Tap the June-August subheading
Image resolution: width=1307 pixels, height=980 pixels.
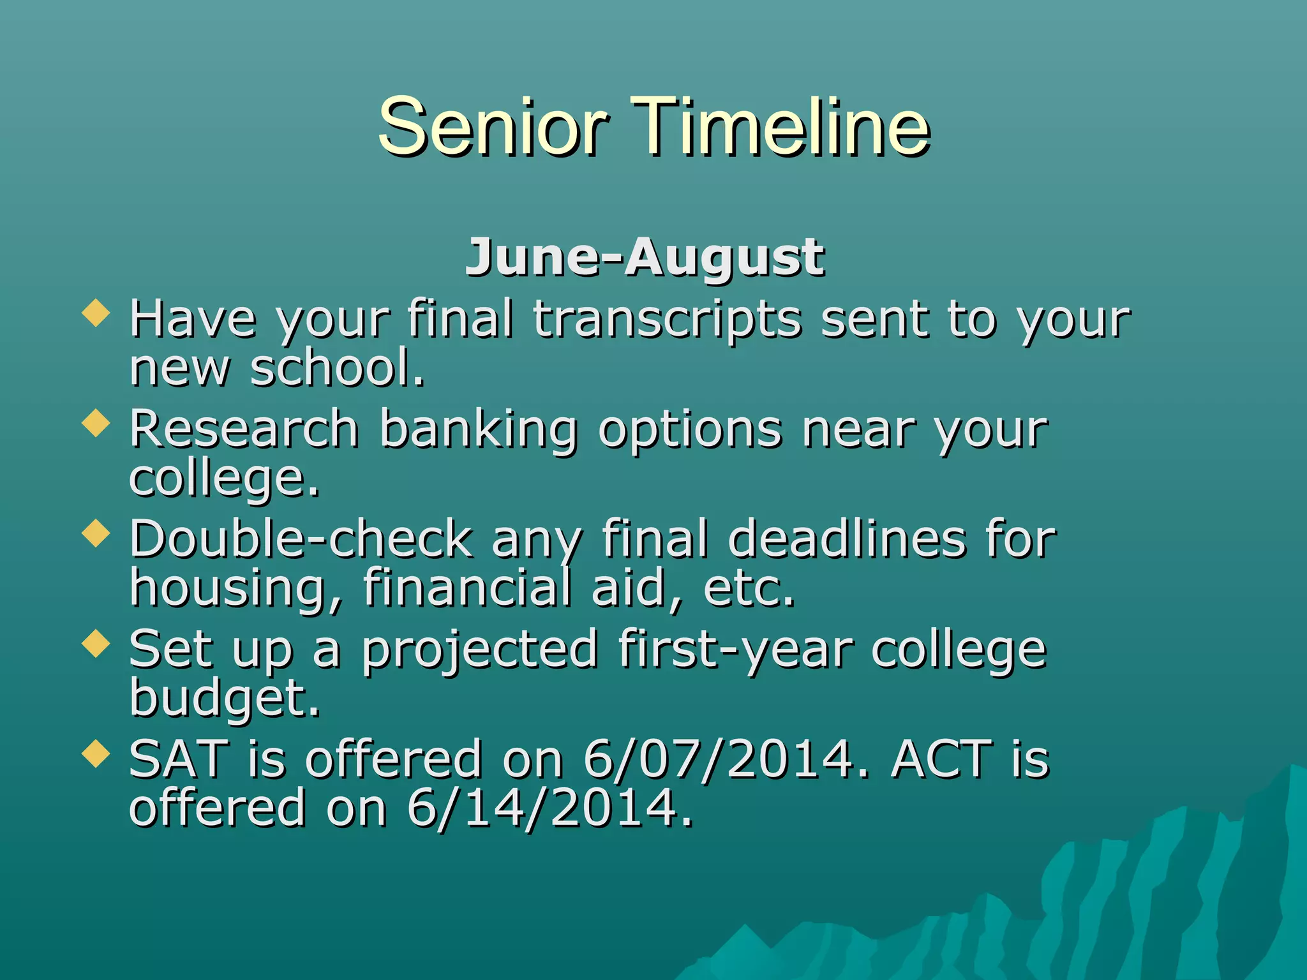pyautogui.click(x=645, y=257)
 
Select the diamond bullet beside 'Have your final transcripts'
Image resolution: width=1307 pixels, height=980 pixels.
pyautogui.click(x=96, y=314)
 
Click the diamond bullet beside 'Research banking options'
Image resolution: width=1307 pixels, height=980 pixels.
pyautogui.click(x=96, y=424)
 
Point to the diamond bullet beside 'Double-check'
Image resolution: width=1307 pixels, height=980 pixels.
pyautogui.click(x=96, y=533)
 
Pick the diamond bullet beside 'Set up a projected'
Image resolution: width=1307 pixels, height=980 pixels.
pyautogui.click(x=96, y=643)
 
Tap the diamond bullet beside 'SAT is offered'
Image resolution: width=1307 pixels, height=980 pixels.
pyautogui.click(x=96, y=753)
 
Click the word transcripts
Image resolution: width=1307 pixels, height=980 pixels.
pyautogui.click(x=667, y=319)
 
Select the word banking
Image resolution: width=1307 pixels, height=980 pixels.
pyautogui.click(x=479, y=429)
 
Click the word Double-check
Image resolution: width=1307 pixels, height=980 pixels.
pyautogui.click(x=301, y=538)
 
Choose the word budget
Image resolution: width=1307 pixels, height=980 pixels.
pyautogui.click(x=224, y=698)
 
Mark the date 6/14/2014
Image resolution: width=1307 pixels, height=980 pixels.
pyautogui.click(x=549, y=808)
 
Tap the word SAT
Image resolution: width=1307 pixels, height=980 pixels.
pyautogui.click(x=178, y=759)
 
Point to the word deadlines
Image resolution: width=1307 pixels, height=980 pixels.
pyautogui.click(x=846, y=538)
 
